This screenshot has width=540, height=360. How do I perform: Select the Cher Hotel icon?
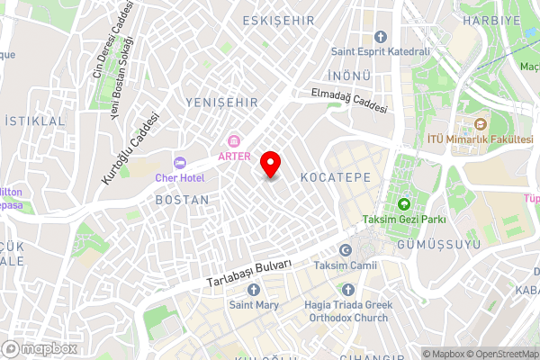point(179,161)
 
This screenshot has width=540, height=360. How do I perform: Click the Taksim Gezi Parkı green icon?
point(404,203)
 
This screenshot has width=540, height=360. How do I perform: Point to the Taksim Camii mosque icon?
point(345,251)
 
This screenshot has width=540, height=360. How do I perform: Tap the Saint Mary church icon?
point(253,290)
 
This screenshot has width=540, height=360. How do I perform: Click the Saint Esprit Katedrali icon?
point(380,37)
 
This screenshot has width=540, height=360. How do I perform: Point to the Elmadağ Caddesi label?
point(349,99)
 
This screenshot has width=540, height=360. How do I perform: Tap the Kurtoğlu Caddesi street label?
point(130,148)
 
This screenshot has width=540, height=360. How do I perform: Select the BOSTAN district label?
point(182,199)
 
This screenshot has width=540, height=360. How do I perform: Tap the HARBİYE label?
point(491,19)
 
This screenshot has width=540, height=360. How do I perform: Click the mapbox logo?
point(40,348)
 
